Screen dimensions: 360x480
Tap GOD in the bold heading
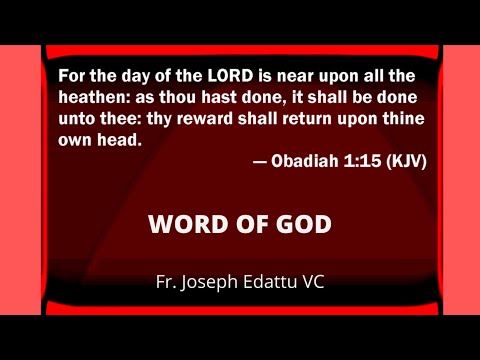click(x=302, y=224)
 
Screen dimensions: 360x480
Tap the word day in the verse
click(x=120, y=76)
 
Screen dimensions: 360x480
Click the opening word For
click(x=73, y=76)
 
